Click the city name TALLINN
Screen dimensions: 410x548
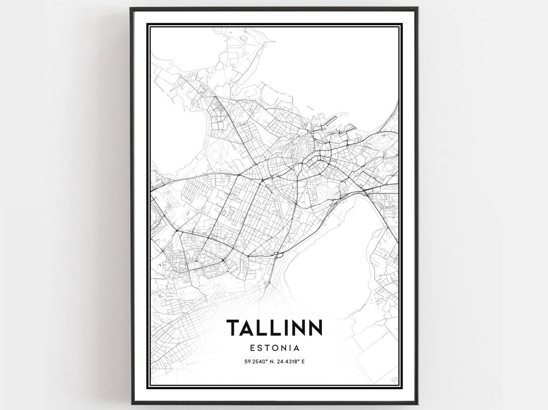coord(274,328)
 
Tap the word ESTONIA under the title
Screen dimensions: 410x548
coord(274,348)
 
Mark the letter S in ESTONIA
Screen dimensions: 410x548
coord(259,348)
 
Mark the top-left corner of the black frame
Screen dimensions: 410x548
coord(131,9)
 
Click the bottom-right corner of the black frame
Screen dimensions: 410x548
coord(417,403)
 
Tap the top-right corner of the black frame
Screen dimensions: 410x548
coord(417,9)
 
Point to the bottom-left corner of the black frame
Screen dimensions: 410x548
coord(131,403)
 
